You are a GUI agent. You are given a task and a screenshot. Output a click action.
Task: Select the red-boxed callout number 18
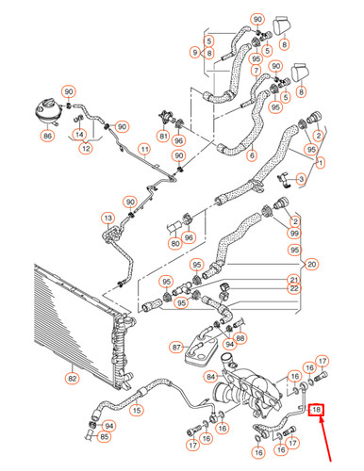click(x=317, y=410)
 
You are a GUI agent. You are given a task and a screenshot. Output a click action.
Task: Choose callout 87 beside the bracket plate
click(x=175, y=348)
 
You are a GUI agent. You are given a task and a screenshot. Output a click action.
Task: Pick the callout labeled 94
click(x=110, y=426)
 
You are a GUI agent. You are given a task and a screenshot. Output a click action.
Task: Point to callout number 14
click(x=79, y=135)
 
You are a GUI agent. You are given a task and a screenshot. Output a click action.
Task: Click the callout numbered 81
click(x=163, y=136)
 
